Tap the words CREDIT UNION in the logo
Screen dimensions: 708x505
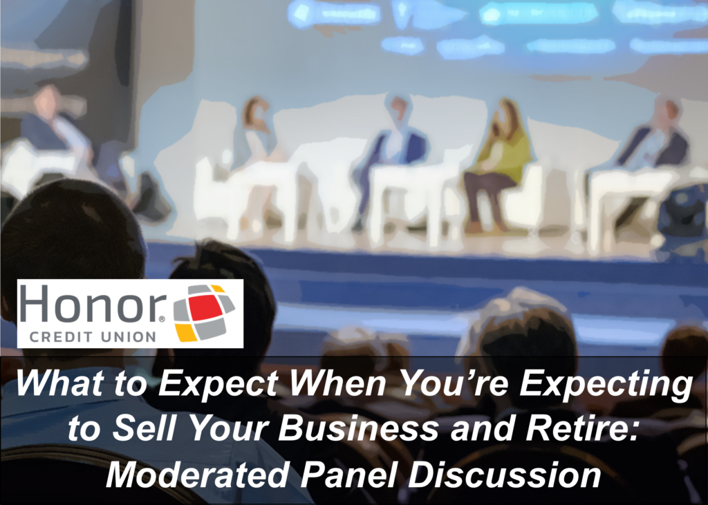93,336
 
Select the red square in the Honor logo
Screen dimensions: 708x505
205,308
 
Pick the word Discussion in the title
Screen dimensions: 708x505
505,474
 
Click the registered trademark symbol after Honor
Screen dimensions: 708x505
162,319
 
